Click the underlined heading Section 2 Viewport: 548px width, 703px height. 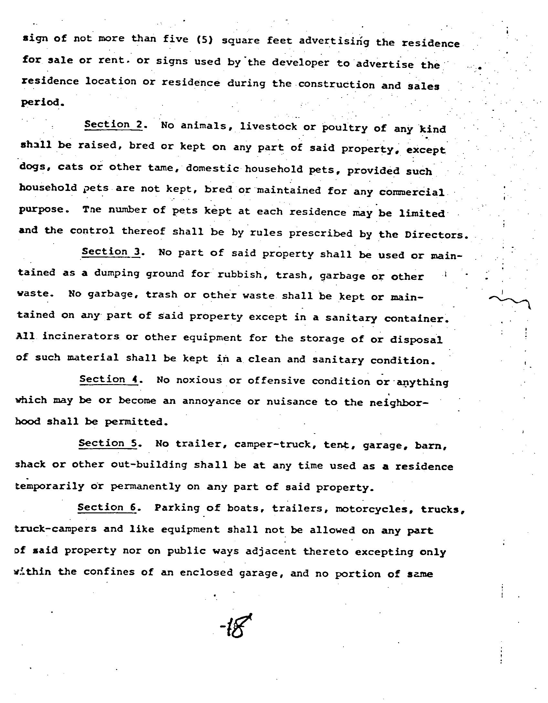pos(113,125)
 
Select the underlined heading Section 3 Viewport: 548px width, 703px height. pos(111,252)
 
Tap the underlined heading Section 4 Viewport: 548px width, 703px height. pos(109,379)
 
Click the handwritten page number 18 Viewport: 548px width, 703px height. pos(236,626)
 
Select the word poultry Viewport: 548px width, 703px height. pos(344,128)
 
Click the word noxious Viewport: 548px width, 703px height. pos(199,380)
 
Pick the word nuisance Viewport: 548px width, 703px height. pos(292,402)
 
